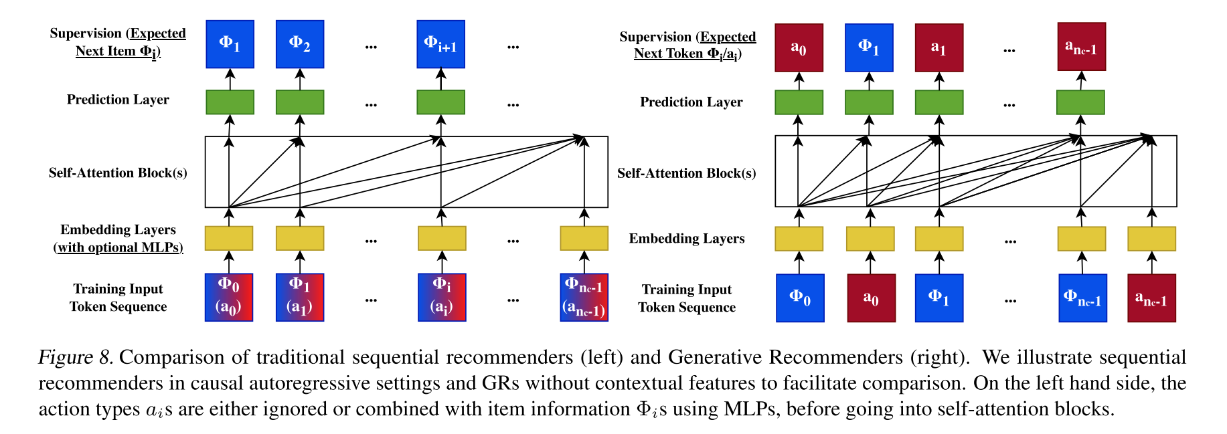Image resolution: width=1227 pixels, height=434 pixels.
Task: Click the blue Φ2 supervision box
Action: point(300,44)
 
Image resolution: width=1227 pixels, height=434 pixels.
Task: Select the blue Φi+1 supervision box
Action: point(440,44)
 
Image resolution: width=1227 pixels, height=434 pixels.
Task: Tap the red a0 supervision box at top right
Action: point(799,47)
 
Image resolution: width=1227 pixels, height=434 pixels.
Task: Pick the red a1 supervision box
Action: point(938,47)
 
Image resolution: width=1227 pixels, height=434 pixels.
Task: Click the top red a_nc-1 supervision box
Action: point(1081,47)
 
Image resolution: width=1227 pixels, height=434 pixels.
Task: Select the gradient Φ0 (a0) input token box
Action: point(229,297)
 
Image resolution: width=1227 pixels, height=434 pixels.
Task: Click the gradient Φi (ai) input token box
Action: point(442,297)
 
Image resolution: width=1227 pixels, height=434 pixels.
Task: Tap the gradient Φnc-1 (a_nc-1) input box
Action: point(584,297)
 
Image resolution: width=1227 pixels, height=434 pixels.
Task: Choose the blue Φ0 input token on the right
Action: point(800,298)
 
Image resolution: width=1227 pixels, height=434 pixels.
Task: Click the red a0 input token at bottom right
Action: point(871,298)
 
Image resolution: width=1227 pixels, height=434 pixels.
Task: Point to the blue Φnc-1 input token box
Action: point(1082,298)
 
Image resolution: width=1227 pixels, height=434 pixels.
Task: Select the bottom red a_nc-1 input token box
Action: point(1151,298)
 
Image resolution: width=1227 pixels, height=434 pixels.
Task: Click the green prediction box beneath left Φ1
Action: point(230,102)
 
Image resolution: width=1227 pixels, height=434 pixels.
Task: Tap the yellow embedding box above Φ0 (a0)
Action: point(229,238)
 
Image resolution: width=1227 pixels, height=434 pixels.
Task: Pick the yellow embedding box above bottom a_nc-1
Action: point(1151,239)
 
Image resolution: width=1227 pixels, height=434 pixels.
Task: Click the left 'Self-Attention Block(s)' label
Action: point(118,173)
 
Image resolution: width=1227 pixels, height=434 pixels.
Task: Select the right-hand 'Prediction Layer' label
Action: point(691,102)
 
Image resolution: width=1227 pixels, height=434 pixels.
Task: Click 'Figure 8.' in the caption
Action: point(76,357)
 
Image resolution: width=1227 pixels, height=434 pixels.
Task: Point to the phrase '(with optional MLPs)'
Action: point(118,247)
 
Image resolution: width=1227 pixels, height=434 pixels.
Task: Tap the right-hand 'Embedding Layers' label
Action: point(686,239)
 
